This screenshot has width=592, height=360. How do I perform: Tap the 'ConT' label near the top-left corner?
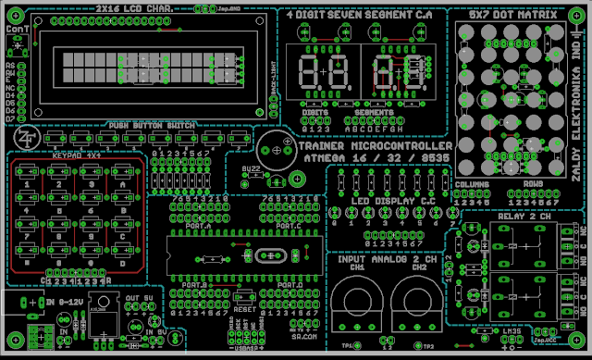(x=16, y=31)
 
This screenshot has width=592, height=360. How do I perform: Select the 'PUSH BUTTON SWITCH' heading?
(x=151, y=125)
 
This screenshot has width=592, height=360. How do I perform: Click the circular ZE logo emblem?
(x=26, y=135)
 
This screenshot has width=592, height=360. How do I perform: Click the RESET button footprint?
(x=243, y=296)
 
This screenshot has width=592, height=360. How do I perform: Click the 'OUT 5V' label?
(x=139, y=299)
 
